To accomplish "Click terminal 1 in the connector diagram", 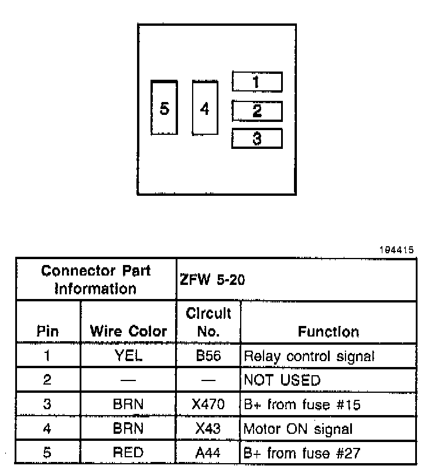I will point(257,82).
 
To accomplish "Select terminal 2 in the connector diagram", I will point(257,111).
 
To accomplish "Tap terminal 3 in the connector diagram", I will point(257,139).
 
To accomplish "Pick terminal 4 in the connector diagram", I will point(204,109).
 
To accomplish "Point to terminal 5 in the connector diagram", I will point(164,108).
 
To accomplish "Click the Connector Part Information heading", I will point(96,280).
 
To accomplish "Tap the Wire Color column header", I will point(128,331).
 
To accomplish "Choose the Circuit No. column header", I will point(208,322).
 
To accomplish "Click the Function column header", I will point(328,331).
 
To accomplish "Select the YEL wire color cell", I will point(128,356).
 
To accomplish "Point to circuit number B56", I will point(208,356).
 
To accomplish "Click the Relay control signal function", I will point(309,356).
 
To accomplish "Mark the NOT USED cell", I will point(282,380).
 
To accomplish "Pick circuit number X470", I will point(208,405).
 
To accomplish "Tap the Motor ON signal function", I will point(298,429).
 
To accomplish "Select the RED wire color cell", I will point(128,453).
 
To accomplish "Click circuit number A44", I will point(208,453).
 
